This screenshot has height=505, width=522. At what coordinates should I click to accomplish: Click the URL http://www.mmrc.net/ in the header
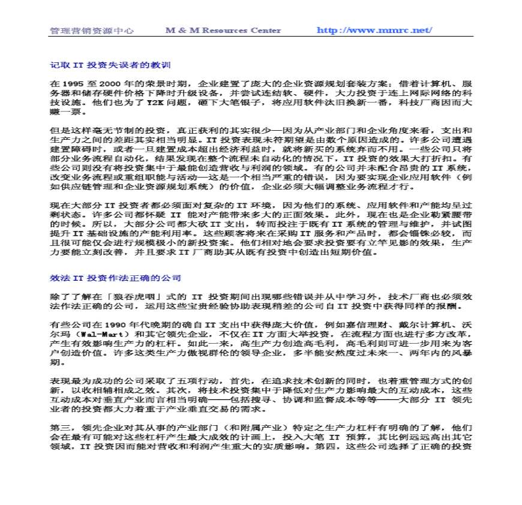pyautogui.click(x=374, y=31)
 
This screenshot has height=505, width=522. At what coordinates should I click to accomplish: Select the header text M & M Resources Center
pyautogui.click(x=223, y=31)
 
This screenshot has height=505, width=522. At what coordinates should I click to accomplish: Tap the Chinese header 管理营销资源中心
pyautogui.click(x=91, y=31)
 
